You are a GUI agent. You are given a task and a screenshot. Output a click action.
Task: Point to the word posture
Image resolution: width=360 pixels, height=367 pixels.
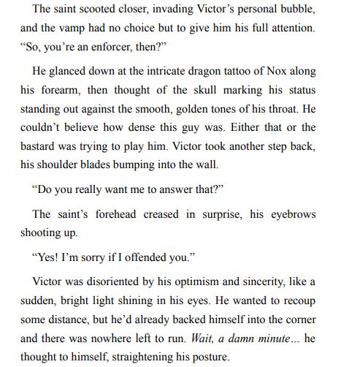click(207, 357)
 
